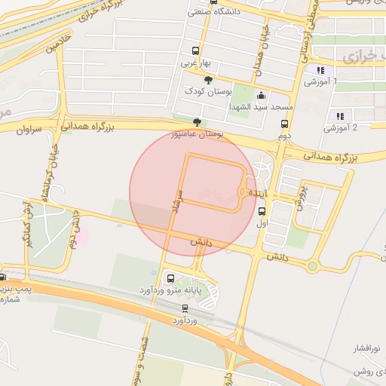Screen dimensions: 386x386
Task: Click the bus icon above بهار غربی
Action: point(195,52)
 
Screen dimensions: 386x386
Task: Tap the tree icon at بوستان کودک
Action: point(209,79)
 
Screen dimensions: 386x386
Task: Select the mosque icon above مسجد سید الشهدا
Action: point(261,96)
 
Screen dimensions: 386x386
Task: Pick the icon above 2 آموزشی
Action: point(340,116)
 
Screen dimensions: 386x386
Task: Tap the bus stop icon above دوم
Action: point(284,125)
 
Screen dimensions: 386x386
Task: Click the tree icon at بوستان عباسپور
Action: point(198,122)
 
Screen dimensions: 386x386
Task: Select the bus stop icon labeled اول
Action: point(262,212)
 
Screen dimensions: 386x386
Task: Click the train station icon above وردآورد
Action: point(185,308)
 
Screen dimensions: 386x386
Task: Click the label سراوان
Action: point(27,130)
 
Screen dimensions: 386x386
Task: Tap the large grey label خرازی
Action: point(359,57)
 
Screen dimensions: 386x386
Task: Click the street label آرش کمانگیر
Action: point(28,224)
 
